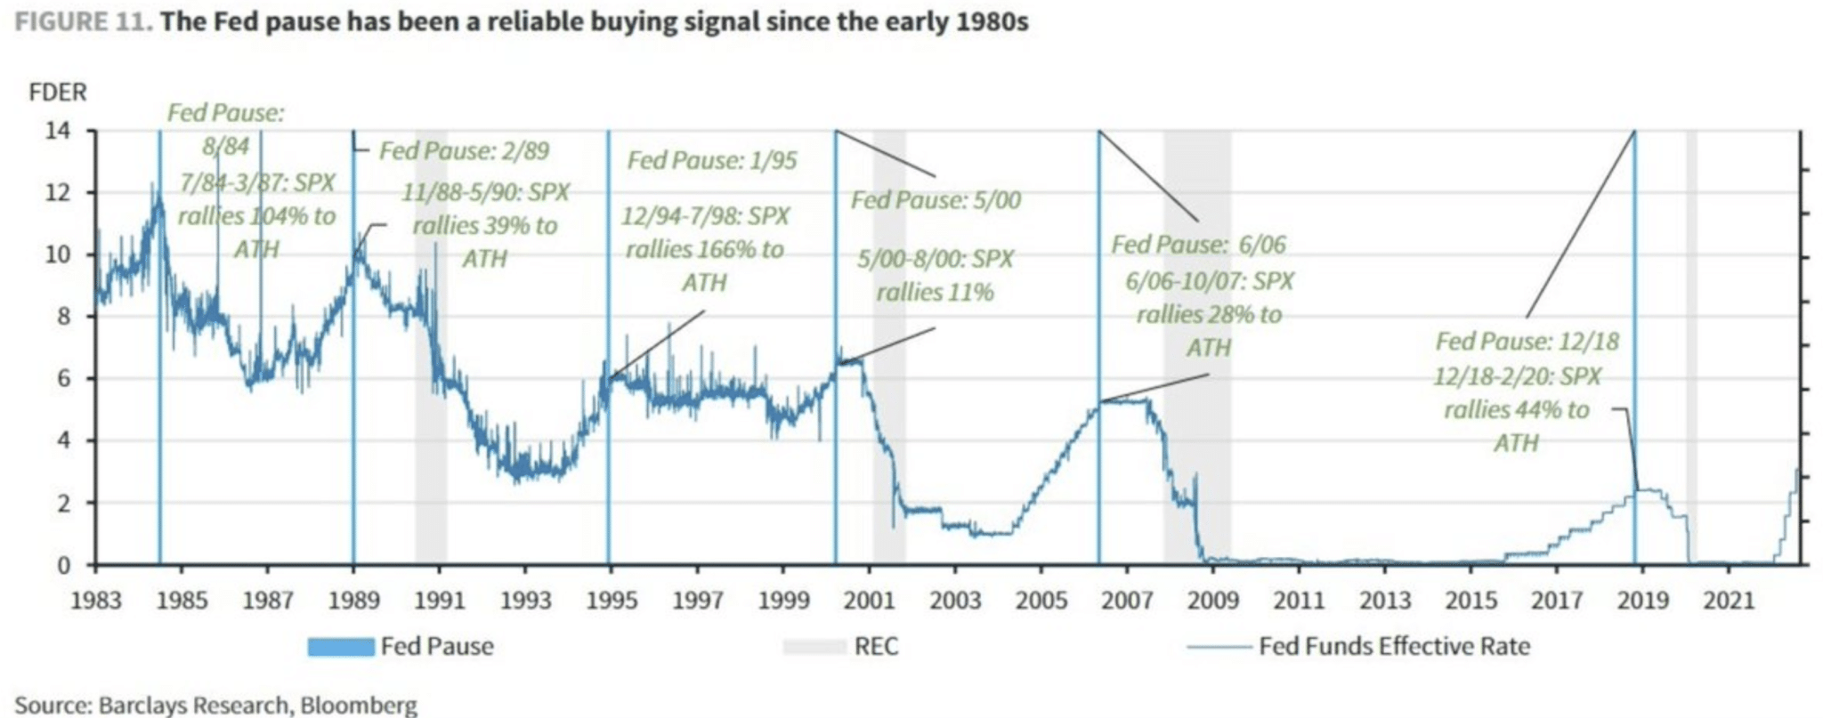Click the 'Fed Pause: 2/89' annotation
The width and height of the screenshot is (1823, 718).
(x=464, y=150)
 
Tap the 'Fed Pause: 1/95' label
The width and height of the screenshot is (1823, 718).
(x=712, y=160)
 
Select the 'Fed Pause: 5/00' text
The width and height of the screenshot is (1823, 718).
(x=936, y=200)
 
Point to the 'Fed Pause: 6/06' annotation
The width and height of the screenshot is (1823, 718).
(x=1198, y=244)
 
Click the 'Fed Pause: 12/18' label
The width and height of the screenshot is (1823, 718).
(x=1527, y=342)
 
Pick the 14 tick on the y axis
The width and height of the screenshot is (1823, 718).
(x=58, y=132)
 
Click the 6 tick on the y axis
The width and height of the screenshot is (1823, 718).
(x=63, y=379)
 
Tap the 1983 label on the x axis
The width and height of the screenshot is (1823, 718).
(x=95, y=601)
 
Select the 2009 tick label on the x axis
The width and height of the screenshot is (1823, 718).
(x=1212, y=601)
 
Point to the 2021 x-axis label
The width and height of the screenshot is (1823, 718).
(x=1728, y=601)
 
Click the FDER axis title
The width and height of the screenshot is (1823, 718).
(x=58, y=93)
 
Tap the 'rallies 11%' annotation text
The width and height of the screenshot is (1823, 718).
(x=935, y=292)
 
